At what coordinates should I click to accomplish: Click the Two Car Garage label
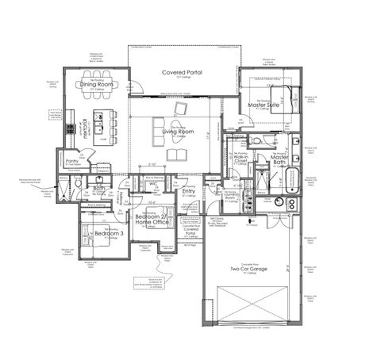click(248, 270)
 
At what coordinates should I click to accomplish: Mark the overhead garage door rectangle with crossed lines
click(248, 306)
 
